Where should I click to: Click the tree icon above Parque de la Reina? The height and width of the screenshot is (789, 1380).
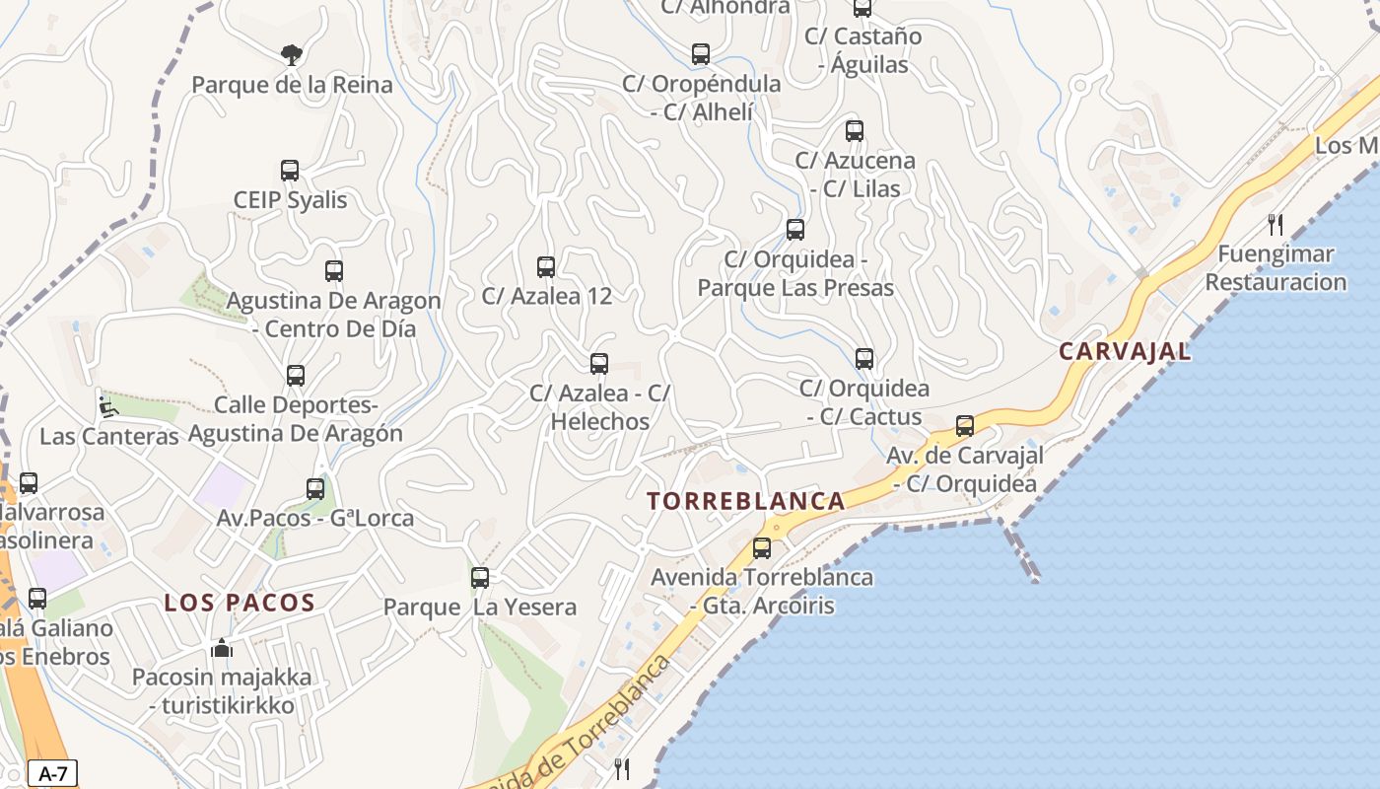pos(291,54)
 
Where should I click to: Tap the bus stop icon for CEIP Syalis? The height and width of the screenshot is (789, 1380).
pos(290,171)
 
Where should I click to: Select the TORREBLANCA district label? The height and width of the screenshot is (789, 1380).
pos(746,501)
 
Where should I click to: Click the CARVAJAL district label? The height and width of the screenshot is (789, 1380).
pos(1125,351)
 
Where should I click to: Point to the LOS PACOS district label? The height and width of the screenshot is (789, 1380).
pos(240,603)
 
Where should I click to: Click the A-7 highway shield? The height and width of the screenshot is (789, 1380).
pos(52,773)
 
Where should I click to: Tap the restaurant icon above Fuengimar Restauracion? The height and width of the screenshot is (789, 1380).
pos(1276,225)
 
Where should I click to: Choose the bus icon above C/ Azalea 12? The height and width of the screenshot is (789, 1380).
pos(546,266)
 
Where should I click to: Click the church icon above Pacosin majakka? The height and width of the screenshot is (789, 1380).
pos(222,649)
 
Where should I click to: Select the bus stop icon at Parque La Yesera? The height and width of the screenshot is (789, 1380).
pos(480,578)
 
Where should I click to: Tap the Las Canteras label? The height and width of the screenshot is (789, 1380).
pos(109,436)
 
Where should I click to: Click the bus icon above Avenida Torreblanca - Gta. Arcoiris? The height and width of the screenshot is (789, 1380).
pos(762,548)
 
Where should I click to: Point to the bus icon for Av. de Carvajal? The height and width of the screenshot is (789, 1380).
pos(965,426)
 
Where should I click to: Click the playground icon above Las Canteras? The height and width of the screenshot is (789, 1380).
pos(106,406)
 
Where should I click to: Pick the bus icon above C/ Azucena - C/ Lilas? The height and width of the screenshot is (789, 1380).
pos(855,131)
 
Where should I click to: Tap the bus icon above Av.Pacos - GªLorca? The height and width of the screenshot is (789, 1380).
pos(315,488)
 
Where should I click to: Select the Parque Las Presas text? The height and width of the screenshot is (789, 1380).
pos(795,288)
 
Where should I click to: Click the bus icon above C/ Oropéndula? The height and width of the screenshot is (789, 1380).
pos(701,54)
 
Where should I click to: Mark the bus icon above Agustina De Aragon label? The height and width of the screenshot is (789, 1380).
pos(334,271)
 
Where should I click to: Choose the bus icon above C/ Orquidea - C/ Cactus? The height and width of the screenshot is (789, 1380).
pos(864,359)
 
